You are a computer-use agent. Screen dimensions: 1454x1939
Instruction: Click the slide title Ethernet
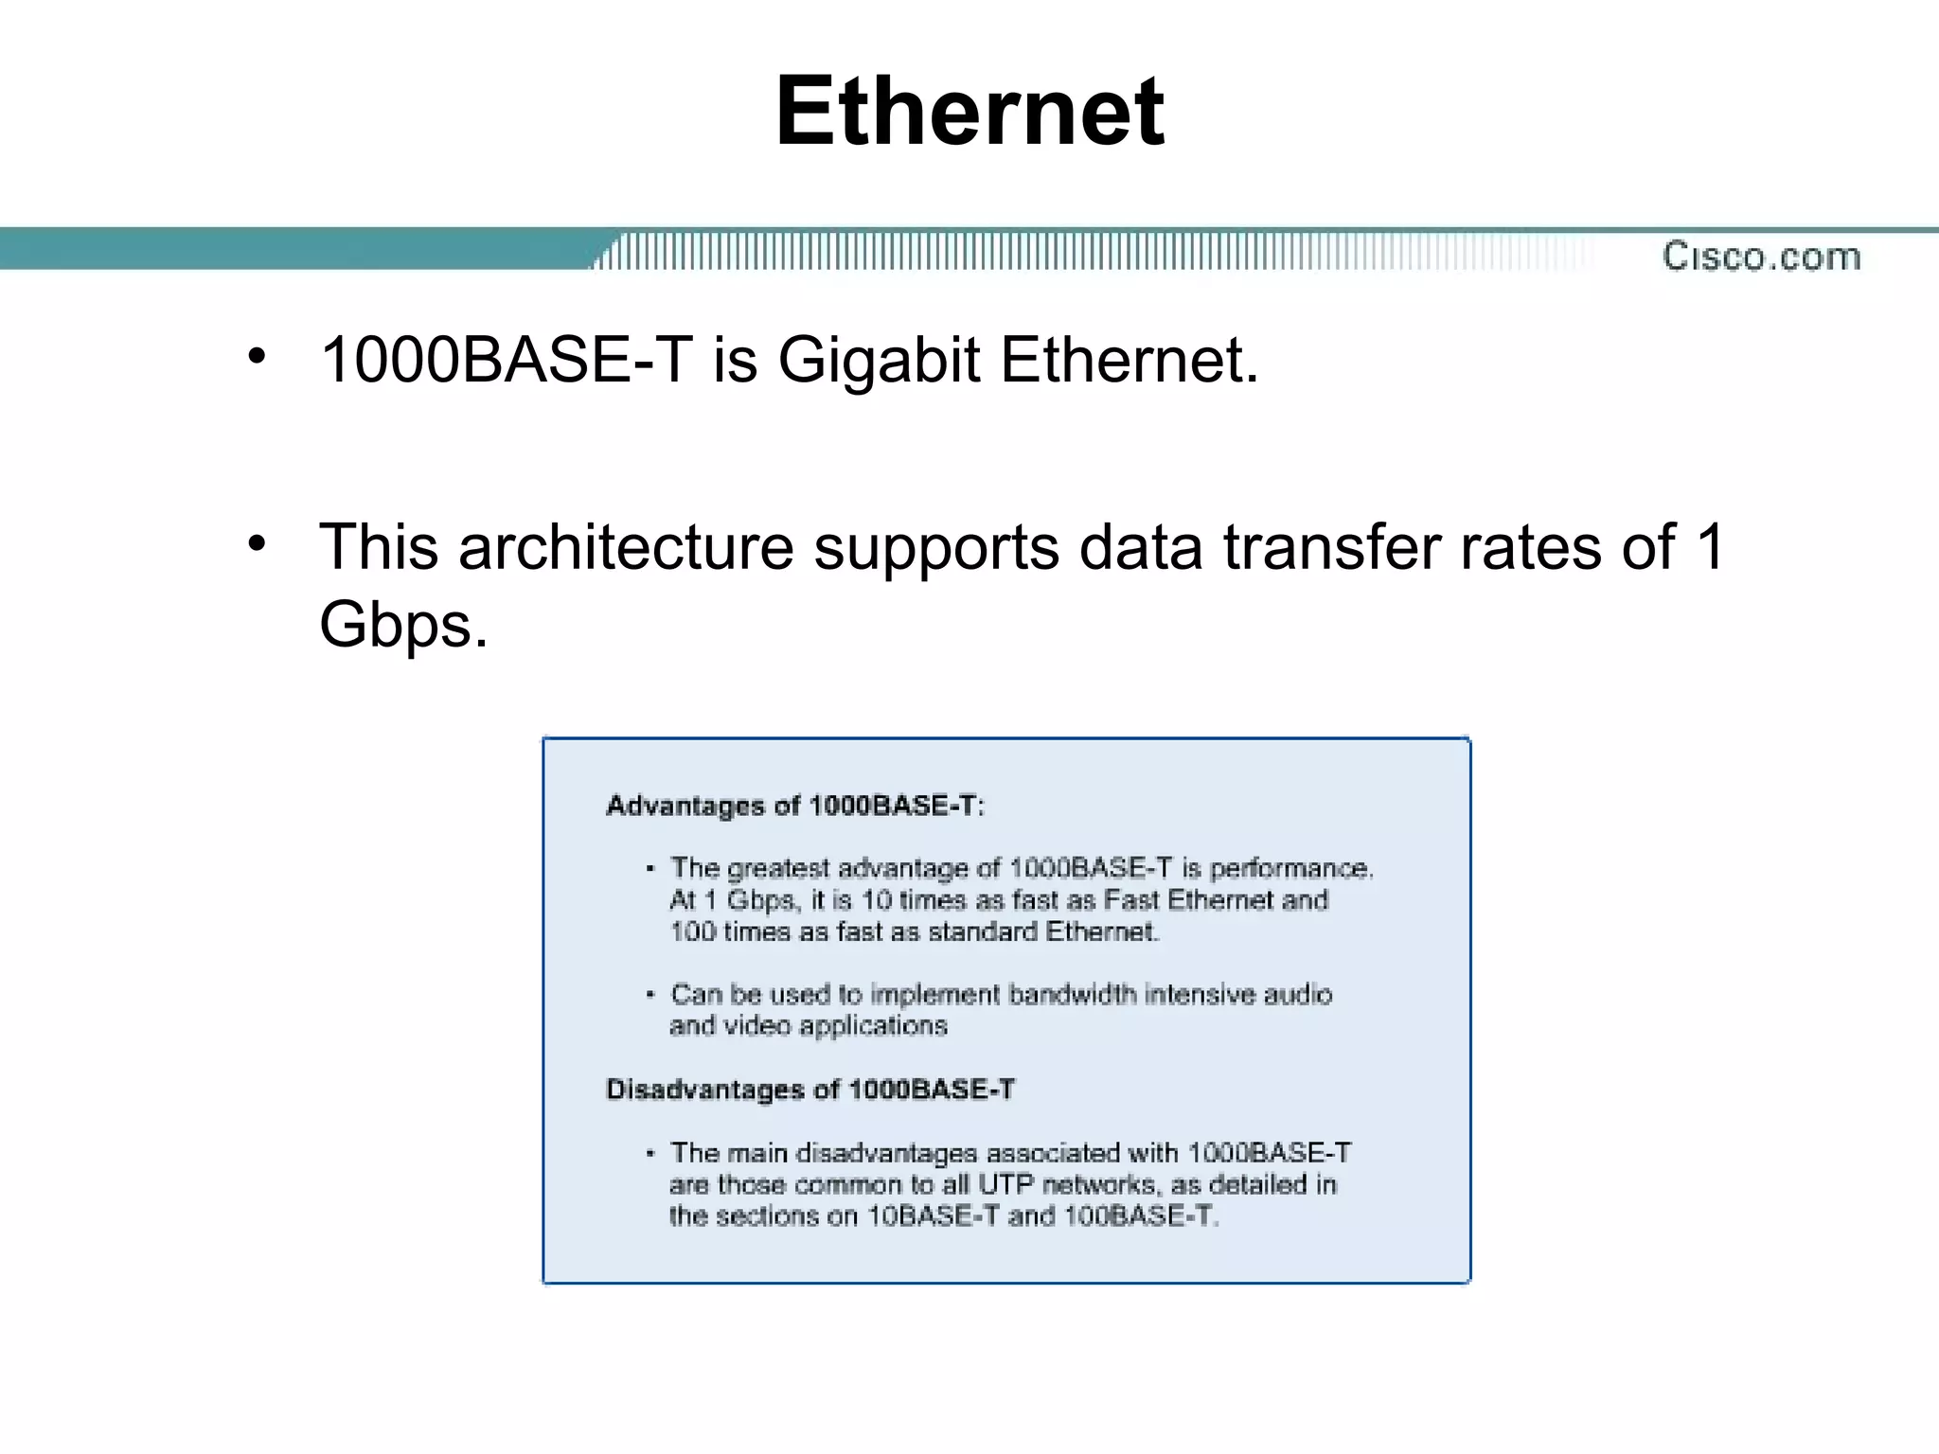tap(969, 112)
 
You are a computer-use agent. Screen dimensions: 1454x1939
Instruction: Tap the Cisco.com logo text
tap(1761, 257)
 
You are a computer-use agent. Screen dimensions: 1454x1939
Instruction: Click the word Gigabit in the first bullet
tap(879, 361)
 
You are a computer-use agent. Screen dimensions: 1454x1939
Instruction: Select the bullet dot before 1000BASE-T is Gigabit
tap(257, 357)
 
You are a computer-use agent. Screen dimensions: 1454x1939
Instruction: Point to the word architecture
tap(626, 547)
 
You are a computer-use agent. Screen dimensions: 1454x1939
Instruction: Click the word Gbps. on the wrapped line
tap(403, 625)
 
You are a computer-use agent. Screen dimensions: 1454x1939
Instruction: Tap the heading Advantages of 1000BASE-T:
tap(795, 806)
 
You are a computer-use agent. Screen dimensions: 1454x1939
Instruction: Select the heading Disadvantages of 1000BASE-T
tap(810, 1090)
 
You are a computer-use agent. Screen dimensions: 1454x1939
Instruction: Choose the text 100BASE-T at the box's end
tap(1140, 1216)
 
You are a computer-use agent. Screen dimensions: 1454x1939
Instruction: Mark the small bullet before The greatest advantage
tap(650, 868)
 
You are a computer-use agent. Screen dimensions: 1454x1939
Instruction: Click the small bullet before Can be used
tap(650, 994)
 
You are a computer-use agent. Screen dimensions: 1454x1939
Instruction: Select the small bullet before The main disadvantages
tap(650, 1153)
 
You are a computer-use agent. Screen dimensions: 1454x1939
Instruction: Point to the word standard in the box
tap(983, 932)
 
